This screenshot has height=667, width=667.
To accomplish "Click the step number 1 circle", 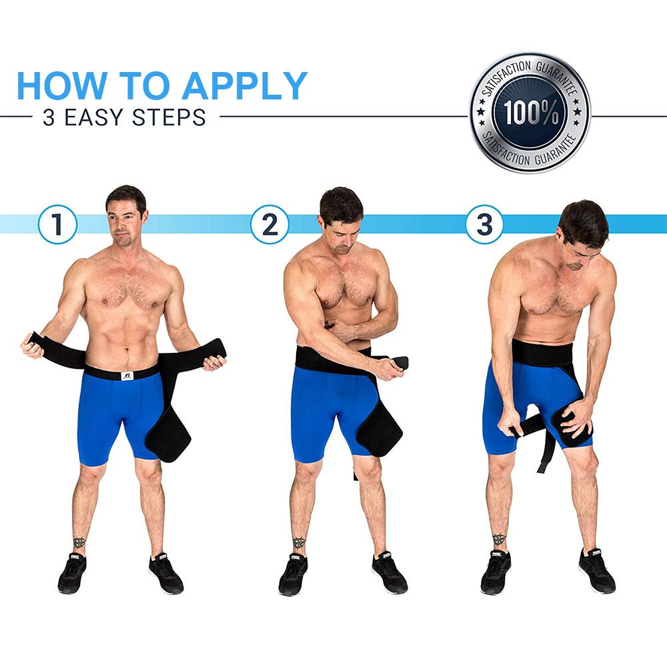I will click(x=57, y=224).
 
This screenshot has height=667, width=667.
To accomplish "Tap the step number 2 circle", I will click(x=269, y=224).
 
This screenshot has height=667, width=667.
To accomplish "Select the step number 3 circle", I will click(x=484, y=224).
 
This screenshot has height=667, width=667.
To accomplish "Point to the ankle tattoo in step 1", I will click(x=79, y=542).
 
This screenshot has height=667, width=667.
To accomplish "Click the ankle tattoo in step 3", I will click(x=498, y=539).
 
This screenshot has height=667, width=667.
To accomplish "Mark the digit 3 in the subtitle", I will click(x=48, y=117).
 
